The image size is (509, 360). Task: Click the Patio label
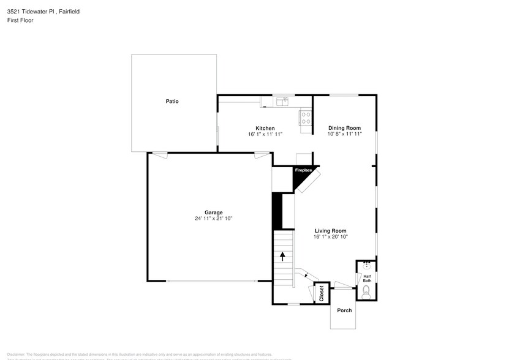[x=172, y=101]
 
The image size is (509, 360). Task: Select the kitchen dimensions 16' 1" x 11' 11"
[x=265, y=134]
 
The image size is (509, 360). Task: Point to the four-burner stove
[x=305, y=118]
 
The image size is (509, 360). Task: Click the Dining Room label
[x=345, y=128]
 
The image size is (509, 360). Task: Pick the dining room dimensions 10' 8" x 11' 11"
[x=345, y=134]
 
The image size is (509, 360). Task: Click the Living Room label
[x=331, y=231]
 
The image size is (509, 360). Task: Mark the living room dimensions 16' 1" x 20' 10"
[x=331, y=237]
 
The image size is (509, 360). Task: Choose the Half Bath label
[x=367, y=279]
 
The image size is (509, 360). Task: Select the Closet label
[x=322, y=294]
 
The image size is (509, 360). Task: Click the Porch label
[x=345, y=310]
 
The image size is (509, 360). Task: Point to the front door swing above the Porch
[x=343, y=285]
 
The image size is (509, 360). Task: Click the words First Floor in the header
[x=20, y=20]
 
